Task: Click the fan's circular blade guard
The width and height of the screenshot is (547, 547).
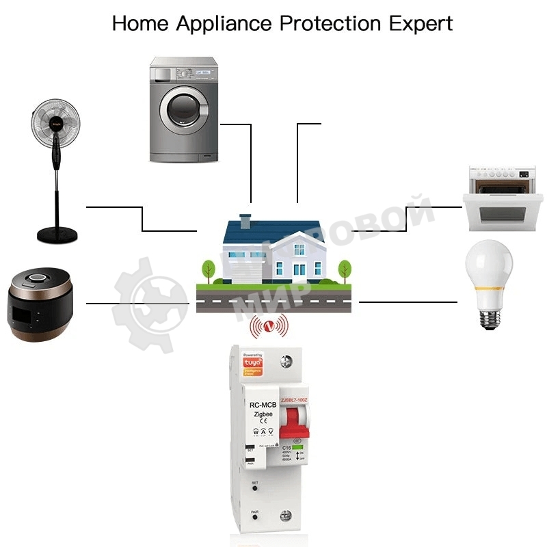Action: coord(57,124)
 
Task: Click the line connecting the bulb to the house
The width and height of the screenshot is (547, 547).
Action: coord(408,302)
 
